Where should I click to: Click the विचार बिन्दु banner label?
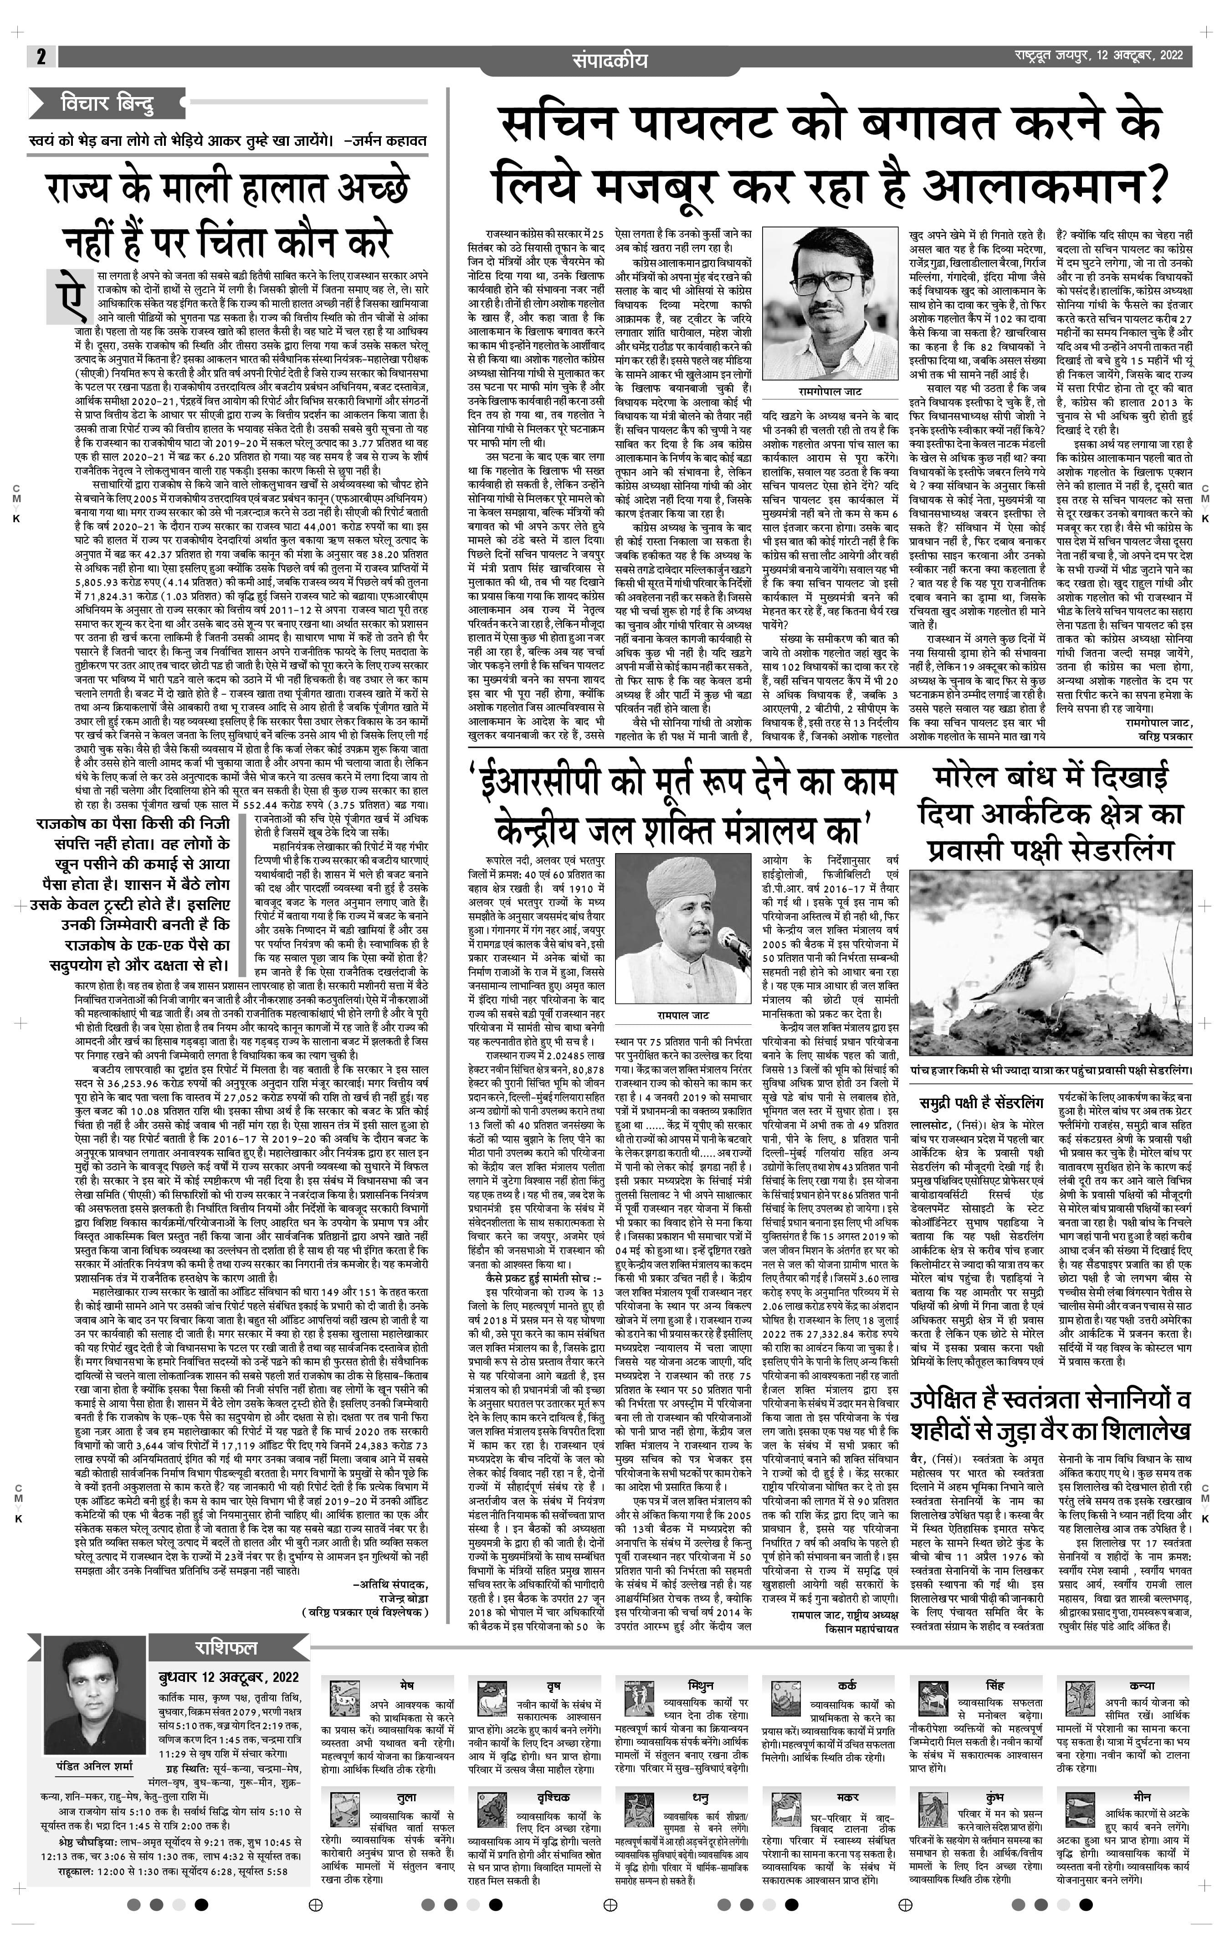click(x=106, y=104)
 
